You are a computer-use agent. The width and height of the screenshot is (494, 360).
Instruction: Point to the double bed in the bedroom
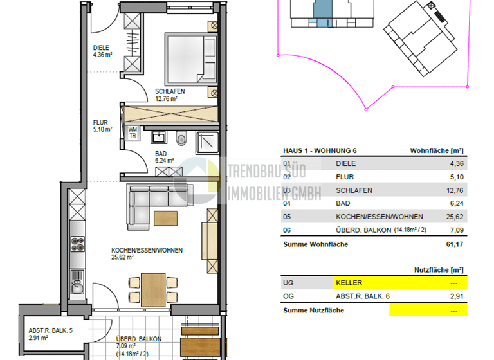pyautogui.click(x=192, y=59)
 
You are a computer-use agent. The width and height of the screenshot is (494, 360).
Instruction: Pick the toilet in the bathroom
pyautogui.click(x=182, y=137)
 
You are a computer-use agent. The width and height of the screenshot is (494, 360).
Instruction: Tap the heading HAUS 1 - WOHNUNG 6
pyautogui.click(x=320, y=150)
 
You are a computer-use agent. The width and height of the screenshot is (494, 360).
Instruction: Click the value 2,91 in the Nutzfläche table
pyautogui.click(x=455, y=296)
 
